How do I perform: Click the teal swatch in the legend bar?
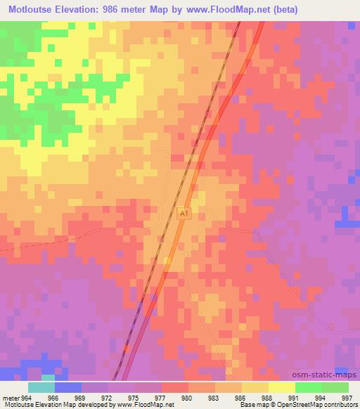41,387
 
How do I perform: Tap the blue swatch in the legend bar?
68,387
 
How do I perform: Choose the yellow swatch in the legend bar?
282,387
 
